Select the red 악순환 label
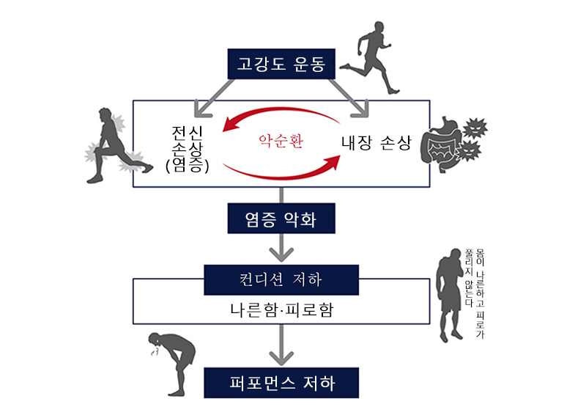281,139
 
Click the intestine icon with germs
451,142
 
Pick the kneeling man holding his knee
114,146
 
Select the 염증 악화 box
281,218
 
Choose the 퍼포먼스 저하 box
281,383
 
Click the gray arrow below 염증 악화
281,248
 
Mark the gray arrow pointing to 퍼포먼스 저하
281,344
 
